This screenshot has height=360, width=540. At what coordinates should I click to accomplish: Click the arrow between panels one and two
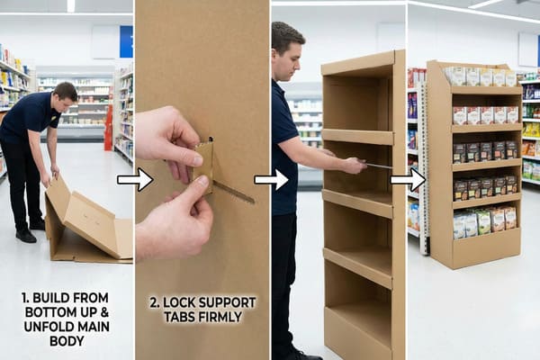click(x=134, y=180)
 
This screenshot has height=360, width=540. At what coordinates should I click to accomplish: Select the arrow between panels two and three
click(x=271, y=180)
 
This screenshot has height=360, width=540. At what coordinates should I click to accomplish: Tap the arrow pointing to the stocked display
click(x=407, y=180)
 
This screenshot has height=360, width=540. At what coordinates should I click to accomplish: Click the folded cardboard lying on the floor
click(x=85, y=220)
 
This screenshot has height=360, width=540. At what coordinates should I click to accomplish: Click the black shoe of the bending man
click(x=26, y=235)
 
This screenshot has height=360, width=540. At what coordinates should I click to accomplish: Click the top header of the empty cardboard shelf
click(x=360, y=63)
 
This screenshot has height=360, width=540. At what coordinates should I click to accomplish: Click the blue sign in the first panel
click(x=126, y=40)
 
